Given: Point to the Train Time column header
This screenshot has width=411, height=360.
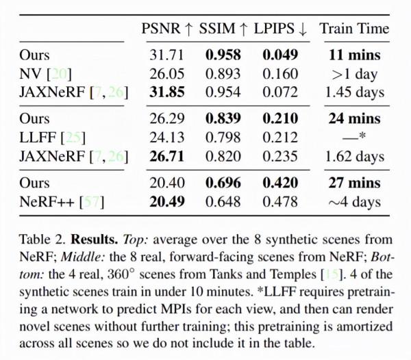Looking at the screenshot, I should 354,28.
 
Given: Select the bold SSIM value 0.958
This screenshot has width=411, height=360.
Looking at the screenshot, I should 221,54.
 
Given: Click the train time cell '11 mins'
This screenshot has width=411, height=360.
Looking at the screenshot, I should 354,54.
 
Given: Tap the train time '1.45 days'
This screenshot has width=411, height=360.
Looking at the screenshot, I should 354,91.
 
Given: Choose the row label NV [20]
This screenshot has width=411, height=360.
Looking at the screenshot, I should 45,73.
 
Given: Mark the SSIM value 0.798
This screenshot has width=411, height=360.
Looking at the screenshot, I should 221,138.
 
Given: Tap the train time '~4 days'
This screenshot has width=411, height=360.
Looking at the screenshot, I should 354,203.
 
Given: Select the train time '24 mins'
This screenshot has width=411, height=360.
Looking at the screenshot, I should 354,119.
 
